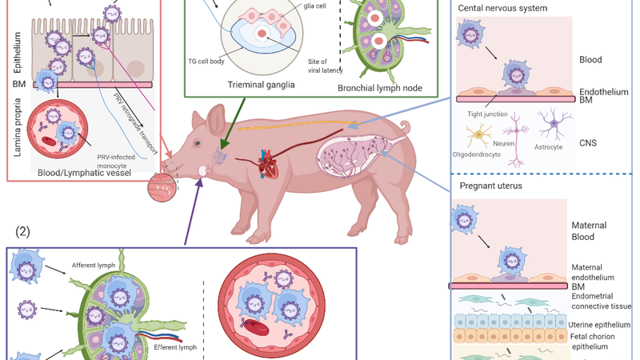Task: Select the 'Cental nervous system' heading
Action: [503, 9]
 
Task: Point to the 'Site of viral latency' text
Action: [325, 66]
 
